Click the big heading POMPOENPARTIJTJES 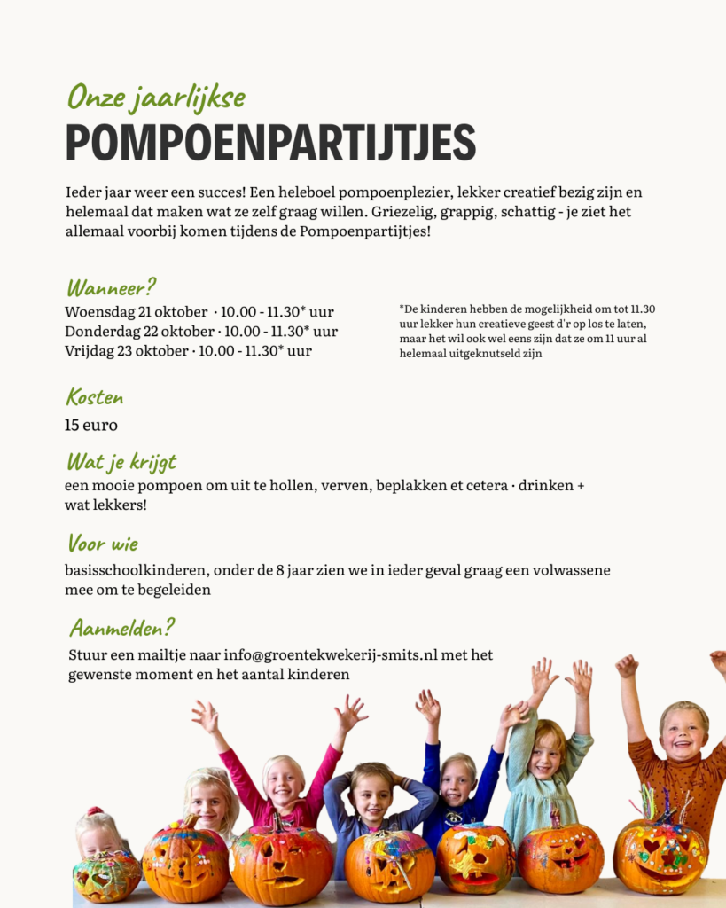coord(270,142)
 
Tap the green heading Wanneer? coord(112,287)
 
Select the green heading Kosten coord(95,397)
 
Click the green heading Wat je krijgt coord(121,462)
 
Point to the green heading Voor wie coord(103,543)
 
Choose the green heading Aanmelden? coord(121,628)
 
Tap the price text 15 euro coord(91,425)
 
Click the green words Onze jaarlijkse coord(156,97)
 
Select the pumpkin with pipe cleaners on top coord(660,853)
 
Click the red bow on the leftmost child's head coord(95,811)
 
